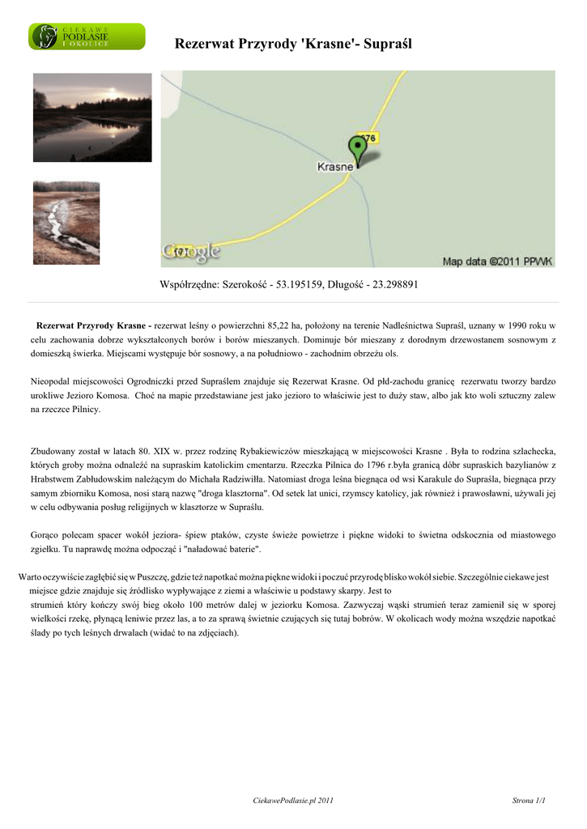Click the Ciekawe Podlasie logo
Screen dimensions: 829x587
[x=87, y=37]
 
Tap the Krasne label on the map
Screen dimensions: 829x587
[x=333, y=167]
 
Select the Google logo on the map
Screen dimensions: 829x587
[x=190, y=253]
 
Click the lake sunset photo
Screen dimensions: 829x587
[x=92, y=117]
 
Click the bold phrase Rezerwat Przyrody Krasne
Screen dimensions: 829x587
[x=91, y=325]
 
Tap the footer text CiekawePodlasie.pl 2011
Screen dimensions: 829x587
[x=293, y=801]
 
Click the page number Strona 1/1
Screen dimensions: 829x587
[x=529, y=801]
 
